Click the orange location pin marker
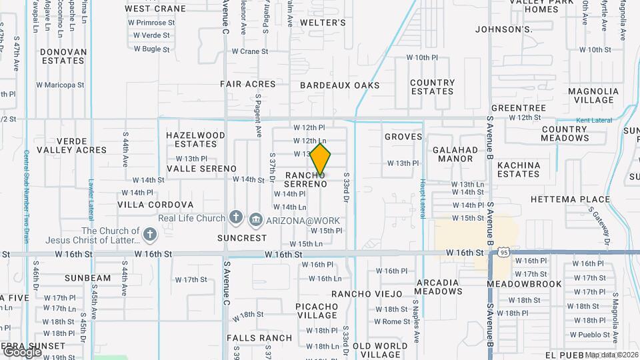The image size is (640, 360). [320, 159]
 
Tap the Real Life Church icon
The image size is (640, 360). [235, 217]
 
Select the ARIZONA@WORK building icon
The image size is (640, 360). [255, 221]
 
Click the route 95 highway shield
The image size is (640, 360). [504, 253]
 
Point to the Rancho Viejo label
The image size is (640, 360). [367, 294]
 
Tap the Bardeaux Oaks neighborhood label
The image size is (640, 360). [339, 85]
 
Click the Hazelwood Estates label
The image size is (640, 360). [195, 139]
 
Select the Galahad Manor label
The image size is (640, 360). [453, 154]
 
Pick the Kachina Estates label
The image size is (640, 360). [518, 169]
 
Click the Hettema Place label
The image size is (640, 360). [570, 199]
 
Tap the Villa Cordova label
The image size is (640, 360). [156, 205]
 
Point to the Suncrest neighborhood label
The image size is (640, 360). [242, 238]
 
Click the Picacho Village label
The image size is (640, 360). [317, 311]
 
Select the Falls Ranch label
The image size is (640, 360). [259, 338]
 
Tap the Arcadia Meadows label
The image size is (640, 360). [438, 287]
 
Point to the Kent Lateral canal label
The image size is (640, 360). [593, 120]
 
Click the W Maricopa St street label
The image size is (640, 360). [61, 85]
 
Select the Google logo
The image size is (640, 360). [21, 351]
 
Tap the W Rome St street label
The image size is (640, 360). [392, 321]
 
